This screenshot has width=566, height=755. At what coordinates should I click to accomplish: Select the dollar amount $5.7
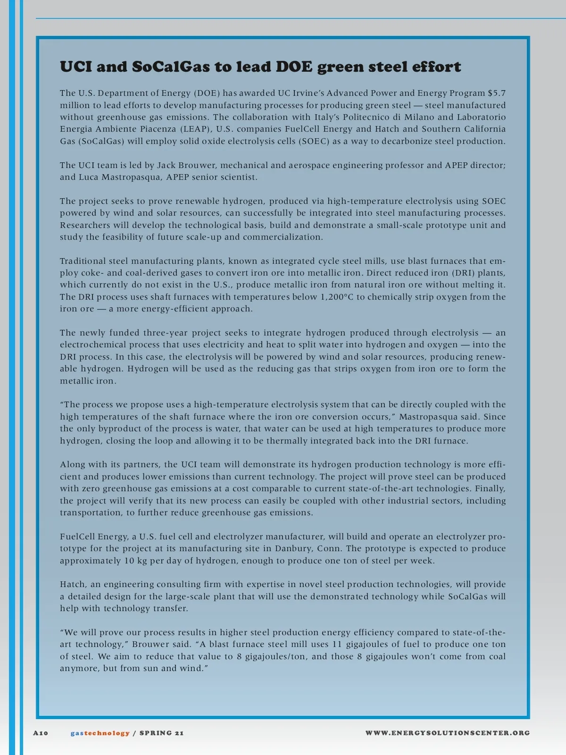[497, 93]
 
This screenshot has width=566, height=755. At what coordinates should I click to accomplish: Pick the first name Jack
[166, 165]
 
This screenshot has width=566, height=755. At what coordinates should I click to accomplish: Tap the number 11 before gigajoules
[337, 644]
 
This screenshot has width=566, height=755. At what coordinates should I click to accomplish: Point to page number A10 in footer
[41, 733]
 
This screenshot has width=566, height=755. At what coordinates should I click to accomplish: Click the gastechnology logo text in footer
[100, 733]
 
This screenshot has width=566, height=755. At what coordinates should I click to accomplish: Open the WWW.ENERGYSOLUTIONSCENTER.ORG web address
[448, 733]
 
